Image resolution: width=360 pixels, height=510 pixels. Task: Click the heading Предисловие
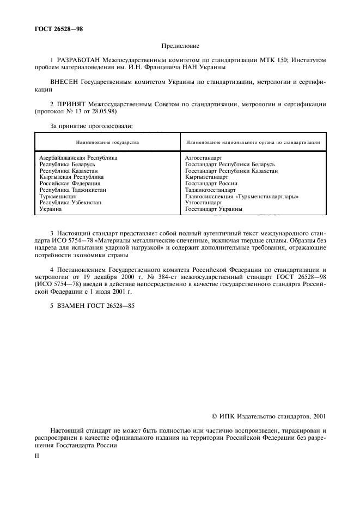click(180, 47)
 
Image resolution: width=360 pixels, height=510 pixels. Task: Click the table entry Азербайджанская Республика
click(78, 157)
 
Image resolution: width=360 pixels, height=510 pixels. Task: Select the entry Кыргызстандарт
click(206, 177)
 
